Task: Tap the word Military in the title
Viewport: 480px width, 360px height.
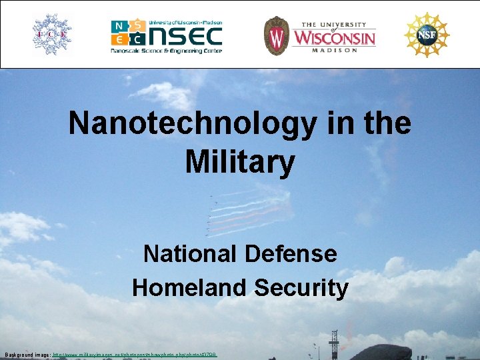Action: [240, 162]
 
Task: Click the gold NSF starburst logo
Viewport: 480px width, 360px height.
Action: [427, 35]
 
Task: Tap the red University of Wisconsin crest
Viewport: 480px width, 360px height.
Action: [275, 35]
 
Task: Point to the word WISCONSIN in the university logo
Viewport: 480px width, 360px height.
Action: [335, 37]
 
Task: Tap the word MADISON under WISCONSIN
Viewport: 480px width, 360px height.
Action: [335, 50]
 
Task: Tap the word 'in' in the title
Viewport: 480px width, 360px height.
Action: [323, 124]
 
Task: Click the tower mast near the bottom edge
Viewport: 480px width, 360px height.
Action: [334, 343]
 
